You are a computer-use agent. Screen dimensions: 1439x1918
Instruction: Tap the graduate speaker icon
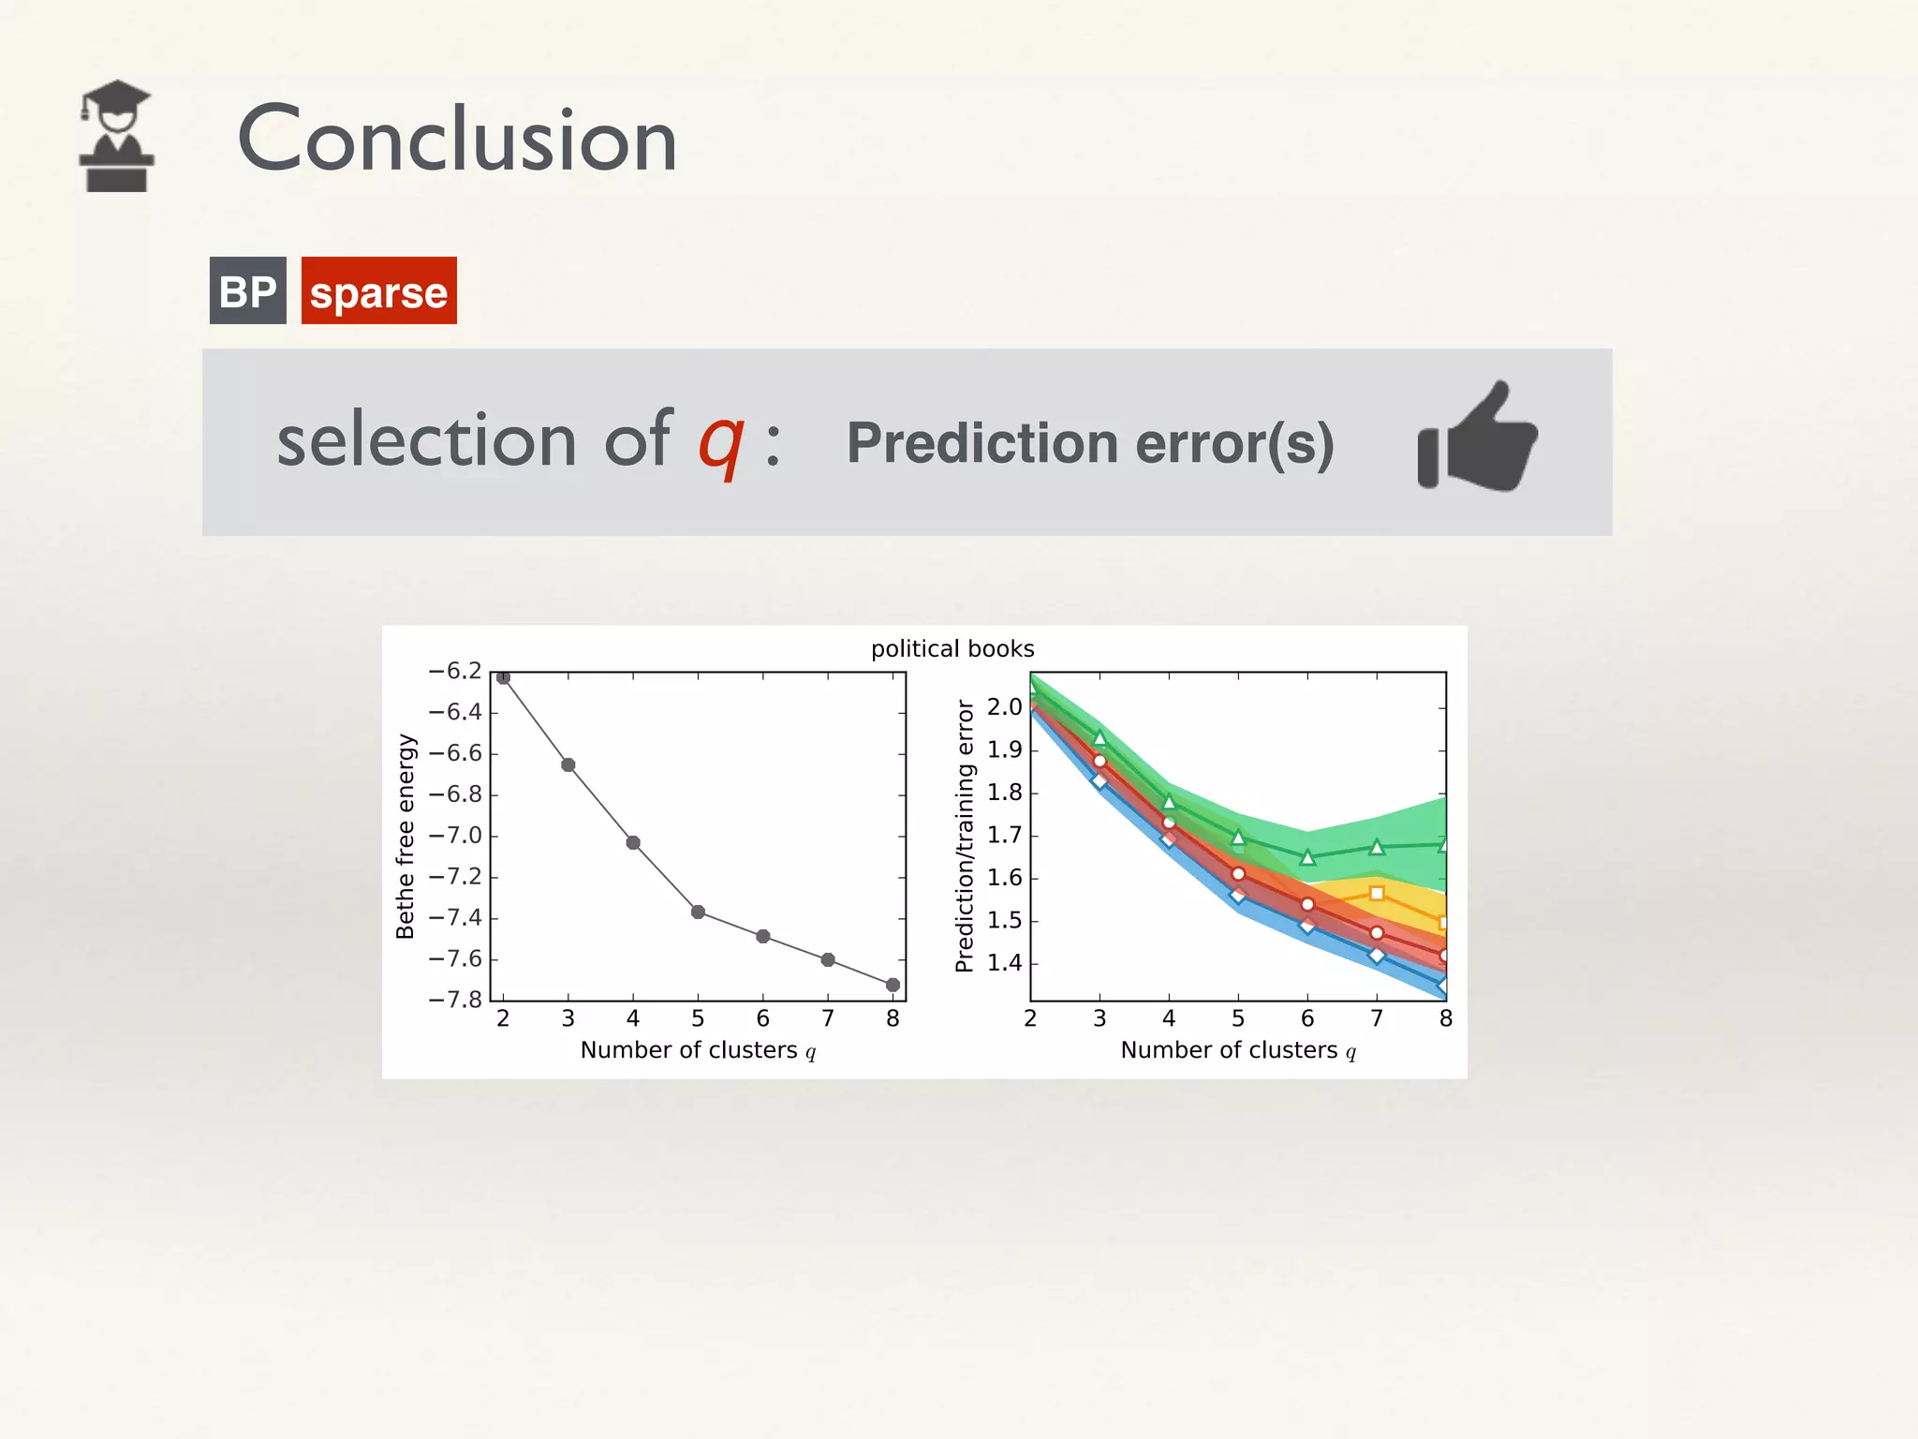coord(116,136)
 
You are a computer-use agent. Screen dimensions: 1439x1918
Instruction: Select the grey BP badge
coord(247,291)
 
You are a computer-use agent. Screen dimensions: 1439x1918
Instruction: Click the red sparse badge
coord(378,291)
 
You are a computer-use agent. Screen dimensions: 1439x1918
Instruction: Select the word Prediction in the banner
coord(981,443)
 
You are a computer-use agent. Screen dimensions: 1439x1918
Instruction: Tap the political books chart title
coord(952,648)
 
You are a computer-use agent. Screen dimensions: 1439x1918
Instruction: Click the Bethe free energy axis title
coord(405,836)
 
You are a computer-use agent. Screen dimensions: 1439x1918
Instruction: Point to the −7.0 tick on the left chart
coord(455,835)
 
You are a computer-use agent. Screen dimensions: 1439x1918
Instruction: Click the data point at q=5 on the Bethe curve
coord(698,912)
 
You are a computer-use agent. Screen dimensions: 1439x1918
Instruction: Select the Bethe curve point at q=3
coord(568,765)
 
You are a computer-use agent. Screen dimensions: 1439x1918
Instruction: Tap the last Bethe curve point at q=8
coord(893,985)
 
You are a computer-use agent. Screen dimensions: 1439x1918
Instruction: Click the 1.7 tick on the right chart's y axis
coord(1004,835)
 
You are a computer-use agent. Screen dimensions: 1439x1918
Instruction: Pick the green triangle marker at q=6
coord(1307,857)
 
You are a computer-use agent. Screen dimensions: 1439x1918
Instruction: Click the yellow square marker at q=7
coord(1377,894)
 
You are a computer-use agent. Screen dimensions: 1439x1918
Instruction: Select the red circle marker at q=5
coord(1238,874)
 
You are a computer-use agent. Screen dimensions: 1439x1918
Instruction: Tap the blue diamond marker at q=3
coord(1099,780)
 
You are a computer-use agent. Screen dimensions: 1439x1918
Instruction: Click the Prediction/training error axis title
coord(965,836)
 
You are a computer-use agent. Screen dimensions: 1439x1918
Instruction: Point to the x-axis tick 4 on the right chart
coord(1169,1018)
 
